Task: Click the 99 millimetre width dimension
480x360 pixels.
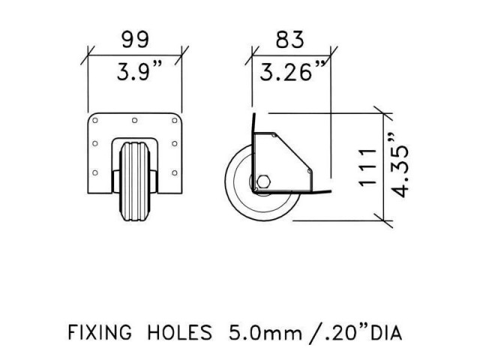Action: click(x=136, y=38)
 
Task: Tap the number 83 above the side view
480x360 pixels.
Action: click(x=291, y=38)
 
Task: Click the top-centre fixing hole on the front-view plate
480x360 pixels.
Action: click(x=135, y=120)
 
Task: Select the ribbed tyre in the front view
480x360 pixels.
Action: click(x=135, y=180)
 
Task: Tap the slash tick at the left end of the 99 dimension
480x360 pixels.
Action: click(x=90, y=54)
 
